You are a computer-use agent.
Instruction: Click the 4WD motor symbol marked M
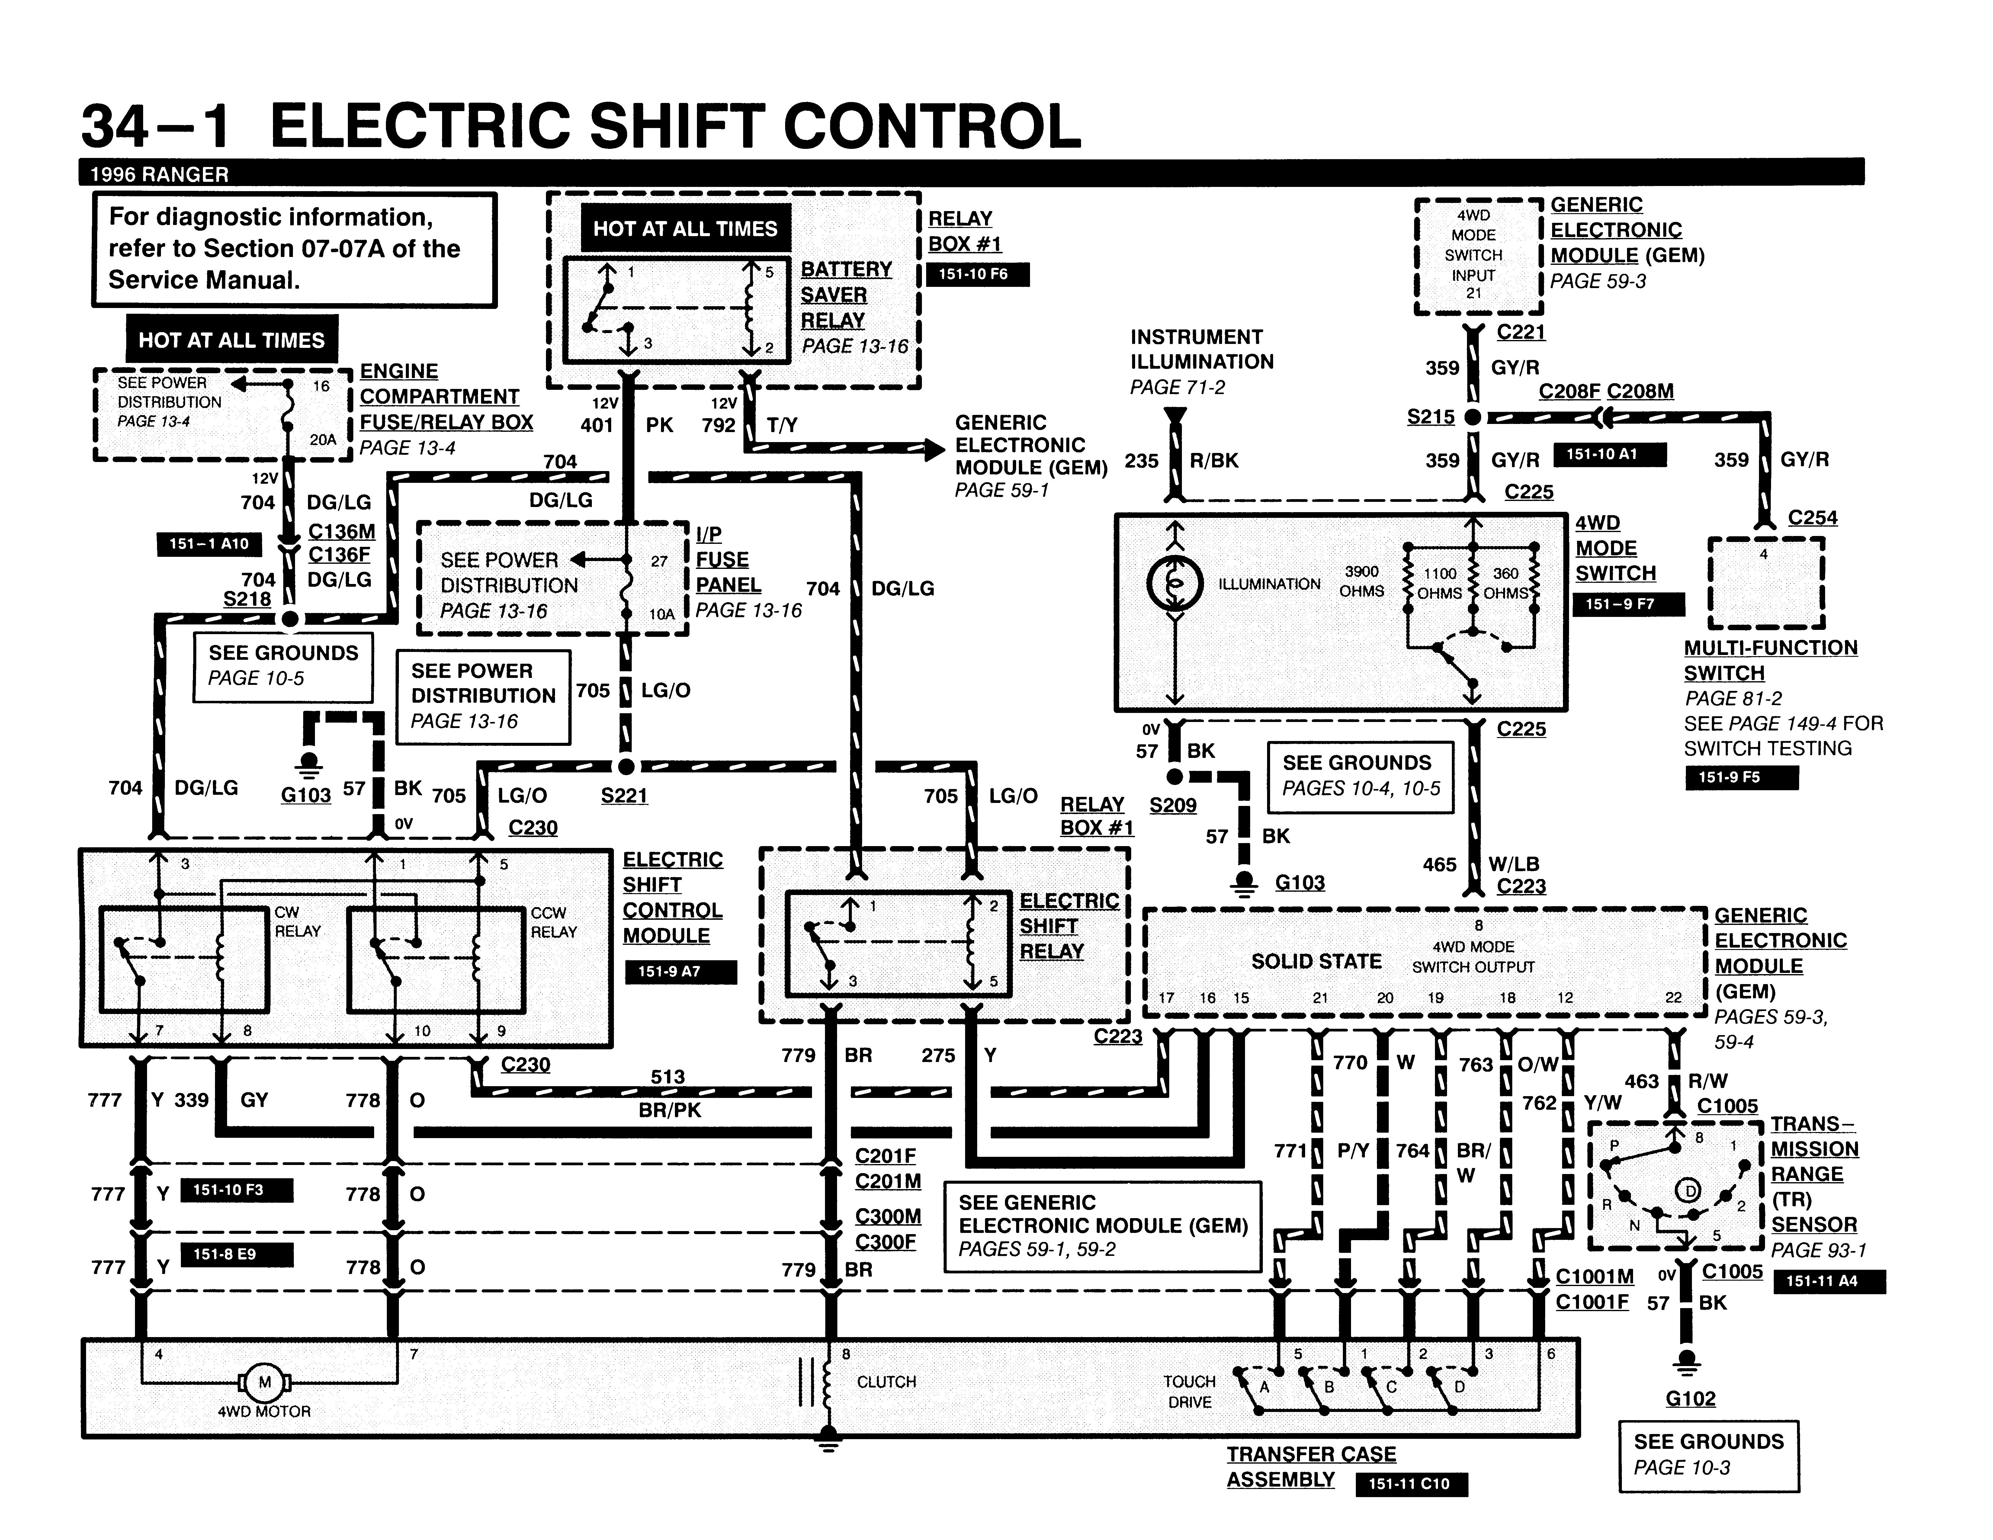click(x=265, y=1382)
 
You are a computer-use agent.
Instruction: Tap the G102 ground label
click(x=1690, y=1399)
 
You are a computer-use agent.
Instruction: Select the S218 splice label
click(x=247, y=599)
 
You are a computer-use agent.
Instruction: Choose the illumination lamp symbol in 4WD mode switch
click(x=1174, y=584)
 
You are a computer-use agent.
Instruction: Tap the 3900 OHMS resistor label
click(x=1362, y=581)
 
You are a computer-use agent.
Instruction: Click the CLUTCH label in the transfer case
click(x=886, y=1382)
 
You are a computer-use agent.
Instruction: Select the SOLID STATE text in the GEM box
click(x=1316, y=961)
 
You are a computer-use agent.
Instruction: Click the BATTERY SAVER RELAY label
click(x=846, y=295)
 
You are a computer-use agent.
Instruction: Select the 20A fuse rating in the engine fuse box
click(x=323, y=440)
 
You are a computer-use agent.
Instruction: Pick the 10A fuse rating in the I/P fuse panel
click(x=662, y=614)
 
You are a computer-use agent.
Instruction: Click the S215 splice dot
click(x=1472, y=417)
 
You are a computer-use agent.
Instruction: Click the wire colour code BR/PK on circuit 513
click(x=670, y=1110)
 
